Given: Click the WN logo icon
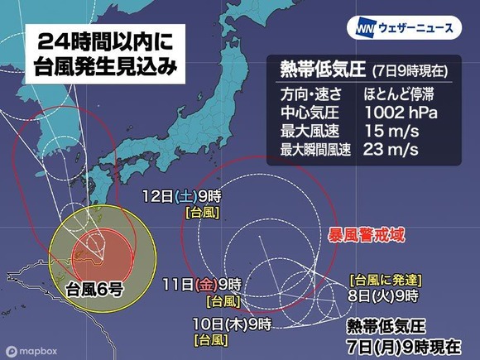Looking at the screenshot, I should pyautogui.click(x=366, y=28).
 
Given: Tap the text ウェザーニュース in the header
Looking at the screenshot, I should pyautogui.click(x=416, y=29).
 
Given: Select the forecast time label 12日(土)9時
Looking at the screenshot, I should pyautogui.click(x=181, y=196).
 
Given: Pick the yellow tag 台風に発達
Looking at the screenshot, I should pyautogui.click(x=383, y=280).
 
